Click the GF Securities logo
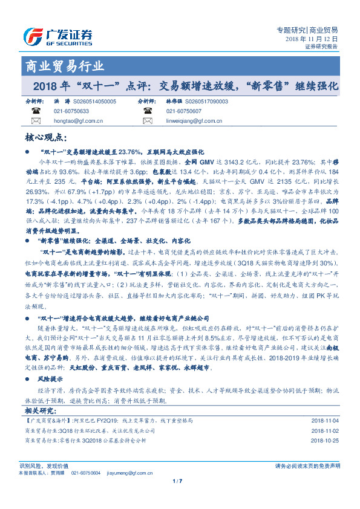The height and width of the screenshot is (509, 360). coord(57,36)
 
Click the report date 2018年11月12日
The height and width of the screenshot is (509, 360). coord(312,39)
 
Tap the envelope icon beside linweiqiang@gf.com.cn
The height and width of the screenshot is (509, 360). coord(146,122)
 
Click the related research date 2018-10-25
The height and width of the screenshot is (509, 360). coord(326,441)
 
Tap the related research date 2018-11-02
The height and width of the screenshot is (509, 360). coord(326,430)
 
